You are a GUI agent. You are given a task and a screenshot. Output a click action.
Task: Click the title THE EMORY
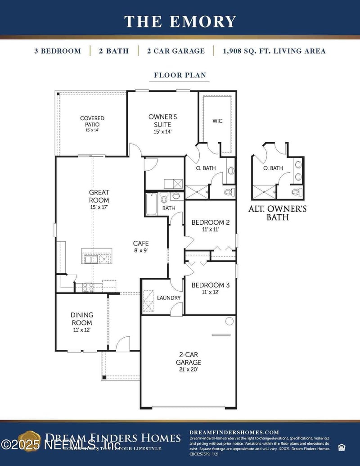[x=180, y=22]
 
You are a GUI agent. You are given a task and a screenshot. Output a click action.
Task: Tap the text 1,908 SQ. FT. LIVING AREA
[x=274, y=51]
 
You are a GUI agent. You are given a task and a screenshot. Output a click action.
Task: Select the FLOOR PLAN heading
[x=180, y=75]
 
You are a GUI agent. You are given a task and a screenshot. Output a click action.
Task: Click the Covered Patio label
[x=92, y=123]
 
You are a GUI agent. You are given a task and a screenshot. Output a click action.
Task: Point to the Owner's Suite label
[x=162, y=123]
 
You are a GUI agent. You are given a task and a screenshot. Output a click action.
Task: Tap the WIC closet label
[x=217, y=121]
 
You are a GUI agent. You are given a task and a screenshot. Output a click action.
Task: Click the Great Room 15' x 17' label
[x=99, y=199]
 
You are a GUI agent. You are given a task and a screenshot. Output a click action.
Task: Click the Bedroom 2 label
[x=211, y=225]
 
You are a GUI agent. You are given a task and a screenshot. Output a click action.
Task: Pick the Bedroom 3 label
[x=211, y=288]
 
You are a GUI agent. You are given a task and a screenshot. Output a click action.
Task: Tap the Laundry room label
[x=169, y=298]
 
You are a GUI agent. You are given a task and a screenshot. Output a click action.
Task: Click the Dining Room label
[x=81, y=321]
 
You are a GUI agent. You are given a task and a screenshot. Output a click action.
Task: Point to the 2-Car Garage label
[x=189, y=362]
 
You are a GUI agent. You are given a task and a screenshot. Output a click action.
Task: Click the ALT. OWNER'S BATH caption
[x=278, y=213]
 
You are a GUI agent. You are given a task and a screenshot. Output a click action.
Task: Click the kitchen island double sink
[x=90, y=259]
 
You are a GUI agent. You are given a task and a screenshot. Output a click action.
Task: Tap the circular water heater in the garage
[x=229, y=321]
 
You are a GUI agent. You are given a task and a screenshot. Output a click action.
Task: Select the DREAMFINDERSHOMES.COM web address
[x=234, y=432]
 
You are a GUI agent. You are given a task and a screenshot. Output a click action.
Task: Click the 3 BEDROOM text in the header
[x=58, y=51]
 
